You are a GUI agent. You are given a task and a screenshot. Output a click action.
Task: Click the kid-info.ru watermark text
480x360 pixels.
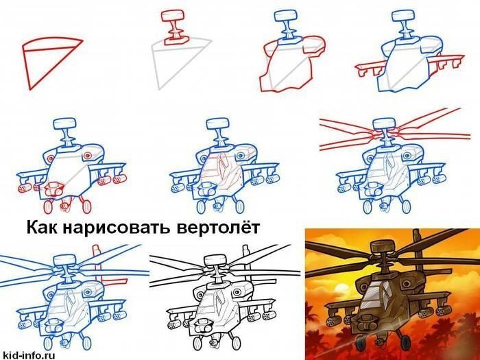point(27,355)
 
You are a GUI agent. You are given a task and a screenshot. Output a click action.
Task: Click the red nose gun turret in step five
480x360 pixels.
point(54,189)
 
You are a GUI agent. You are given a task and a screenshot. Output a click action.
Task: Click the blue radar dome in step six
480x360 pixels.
point(218,124)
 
